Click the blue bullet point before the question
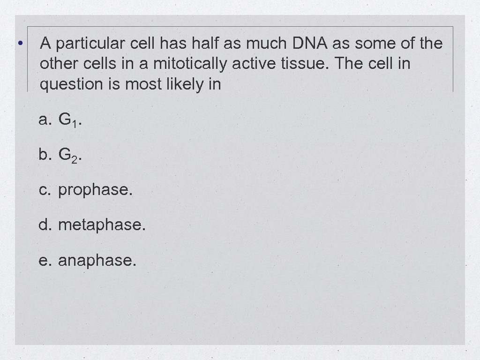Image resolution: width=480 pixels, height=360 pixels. (20, 44)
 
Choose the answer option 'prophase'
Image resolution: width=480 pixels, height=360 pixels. (95, 190)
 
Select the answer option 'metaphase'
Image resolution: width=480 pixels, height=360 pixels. (102, 225)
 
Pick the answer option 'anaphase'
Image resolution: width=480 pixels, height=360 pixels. (97, 260)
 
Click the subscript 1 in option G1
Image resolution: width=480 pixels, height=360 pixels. (75, 124)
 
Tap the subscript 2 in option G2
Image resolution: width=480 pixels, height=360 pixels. (75, 159)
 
